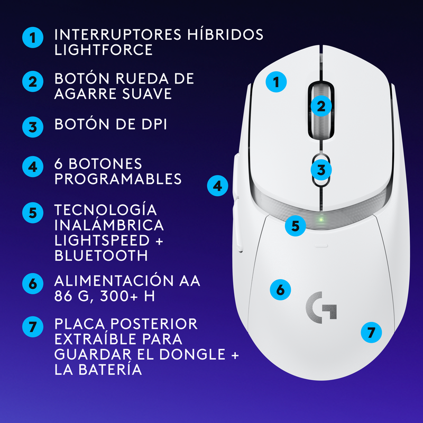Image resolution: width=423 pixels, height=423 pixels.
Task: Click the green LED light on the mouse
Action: pos(320,219)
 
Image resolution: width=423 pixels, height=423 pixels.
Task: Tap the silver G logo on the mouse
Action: pos(321,307)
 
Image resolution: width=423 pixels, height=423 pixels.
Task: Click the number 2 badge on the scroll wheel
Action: pos(321,106)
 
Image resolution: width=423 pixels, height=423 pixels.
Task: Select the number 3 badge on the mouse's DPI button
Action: pos(321,170)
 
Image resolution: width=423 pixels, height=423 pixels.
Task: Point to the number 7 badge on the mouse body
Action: pos(371,333)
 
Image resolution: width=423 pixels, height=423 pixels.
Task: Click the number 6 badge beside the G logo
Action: pos(280,289)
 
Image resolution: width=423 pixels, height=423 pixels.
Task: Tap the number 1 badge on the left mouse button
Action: pos(275,82)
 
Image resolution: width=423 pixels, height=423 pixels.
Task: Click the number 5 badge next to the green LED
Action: pos(296,226)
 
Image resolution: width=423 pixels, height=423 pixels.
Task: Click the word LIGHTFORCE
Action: pos(104,50)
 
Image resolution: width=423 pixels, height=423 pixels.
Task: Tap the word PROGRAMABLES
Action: pos(118,179)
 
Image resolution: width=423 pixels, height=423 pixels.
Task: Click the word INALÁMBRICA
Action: pos(109,225)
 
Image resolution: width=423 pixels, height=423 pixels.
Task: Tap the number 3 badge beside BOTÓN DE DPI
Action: pos(33,127)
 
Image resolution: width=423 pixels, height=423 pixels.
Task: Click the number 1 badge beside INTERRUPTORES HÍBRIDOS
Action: pos(33,38)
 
